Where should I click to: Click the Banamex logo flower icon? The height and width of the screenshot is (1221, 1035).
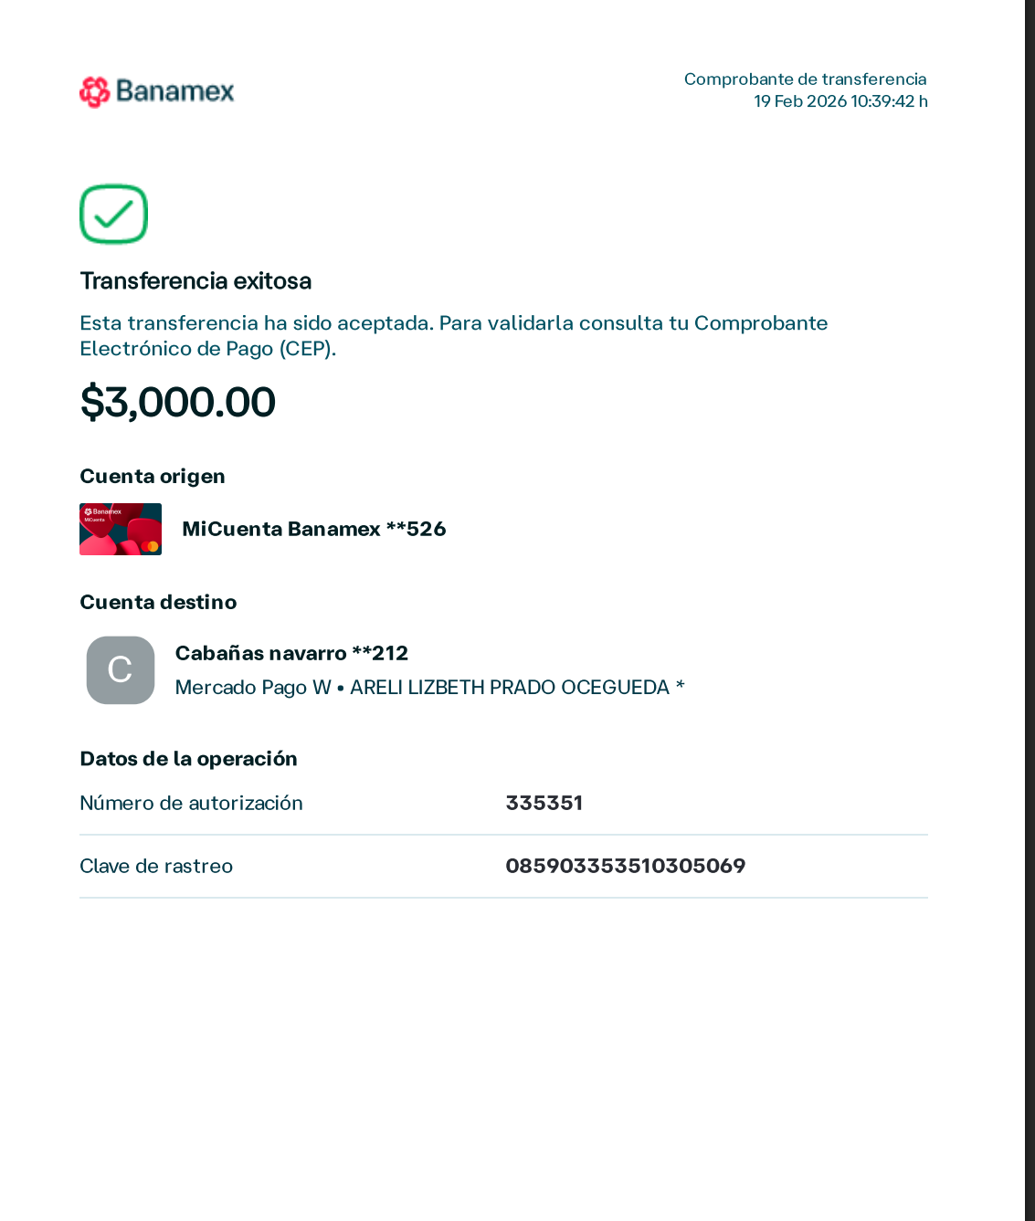(x=94, y=91)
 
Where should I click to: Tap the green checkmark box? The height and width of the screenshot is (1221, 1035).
(x=113, y=215)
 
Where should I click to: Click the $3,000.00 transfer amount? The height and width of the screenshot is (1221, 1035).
(x=178, y=402)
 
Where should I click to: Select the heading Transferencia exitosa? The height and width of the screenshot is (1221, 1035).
(x=195, y=280)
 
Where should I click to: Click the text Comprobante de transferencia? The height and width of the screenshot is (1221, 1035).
(x=805, y=79)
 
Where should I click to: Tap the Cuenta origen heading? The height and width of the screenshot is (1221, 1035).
(x=152, y=476)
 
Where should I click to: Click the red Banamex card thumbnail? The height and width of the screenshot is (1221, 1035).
(x=121, y=529)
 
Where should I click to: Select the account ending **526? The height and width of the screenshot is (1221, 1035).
(x=416, y=529)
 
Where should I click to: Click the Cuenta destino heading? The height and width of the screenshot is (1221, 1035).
(x=158, y=602)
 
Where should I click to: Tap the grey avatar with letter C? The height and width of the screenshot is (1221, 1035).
(x=121, y=669)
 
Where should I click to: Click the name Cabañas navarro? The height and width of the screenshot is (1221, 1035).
(x=260, y=653)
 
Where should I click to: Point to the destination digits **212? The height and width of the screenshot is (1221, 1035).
(x=380, y=653)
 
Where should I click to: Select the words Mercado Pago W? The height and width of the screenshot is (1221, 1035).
(x=253, y=687)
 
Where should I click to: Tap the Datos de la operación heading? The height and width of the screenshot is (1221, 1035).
(x=188, y=759)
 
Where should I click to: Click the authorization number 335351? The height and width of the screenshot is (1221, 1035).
(x=544, y=803)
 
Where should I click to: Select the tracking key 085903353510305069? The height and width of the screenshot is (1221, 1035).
(x=625, y=866)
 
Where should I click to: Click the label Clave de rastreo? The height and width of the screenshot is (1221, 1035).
(x=156, y=866)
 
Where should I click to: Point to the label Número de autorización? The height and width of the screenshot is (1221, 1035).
(x=191, y=803)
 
